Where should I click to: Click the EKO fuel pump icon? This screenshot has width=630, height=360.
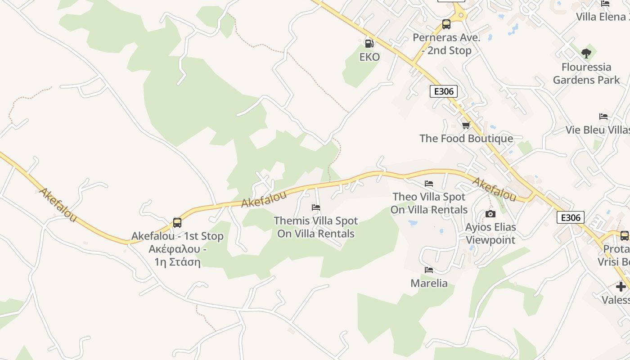point(369,43)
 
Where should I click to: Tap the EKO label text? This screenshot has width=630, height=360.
point(369,57)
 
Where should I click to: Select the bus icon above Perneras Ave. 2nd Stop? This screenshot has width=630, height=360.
point(446,24)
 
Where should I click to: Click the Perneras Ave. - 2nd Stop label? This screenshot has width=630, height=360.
point(447,44)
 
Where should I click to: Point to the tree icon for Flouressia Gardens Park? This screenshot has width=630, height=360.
point(586,54)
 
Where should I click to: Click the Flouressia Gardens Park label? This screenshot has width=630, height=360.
point(586,74)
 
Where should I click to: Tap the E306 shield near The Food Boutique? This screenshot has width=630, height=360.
point(443,91)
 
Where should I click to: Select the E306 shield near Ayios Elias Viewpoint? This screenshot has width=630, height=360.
point(571,218)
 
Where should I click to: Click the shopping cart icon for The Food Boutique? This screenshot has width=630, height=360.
point(466,125)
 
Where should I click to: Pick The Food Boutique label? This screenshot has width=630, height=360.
point(466,139)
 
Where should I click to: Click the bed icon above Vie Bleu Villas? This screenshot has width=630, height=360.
point(603,117)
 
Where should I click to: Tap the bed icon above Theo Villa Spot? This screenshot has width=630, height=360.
point(429,184)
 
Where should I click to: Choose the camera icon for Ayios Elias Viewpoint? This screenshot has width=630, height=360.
point(490,214)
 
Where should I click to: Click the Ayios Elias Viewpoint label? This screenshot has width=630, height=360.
point(490,234)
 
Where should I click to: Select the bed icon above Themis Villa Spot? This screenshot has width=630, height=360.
point(316,207)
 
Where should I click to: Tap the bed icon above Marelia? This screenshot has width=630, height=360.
point(429,270)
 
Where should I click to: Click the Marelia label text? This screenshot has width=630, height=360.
point(429,283)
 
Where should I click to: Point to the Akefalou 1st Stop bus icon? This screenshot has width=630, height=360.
point(177,222)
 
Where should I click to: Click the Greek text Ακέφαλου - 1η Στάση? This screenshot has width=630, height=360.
point(177,256)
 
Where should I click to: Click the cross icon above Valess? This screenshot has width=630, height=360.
point(621,286)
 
